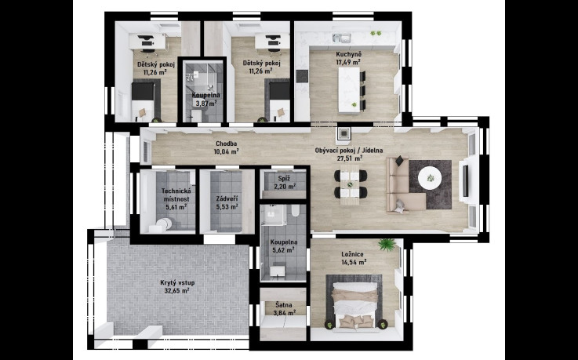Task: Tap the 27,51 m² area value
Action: (x=350, y=158)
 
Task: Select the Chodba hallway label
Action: (x=227, y=144)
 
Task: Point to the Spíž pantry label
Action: (x=283, y=179)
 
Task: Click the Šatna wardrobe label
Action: (x=284, y=305)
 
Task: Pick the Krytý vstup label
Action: (x=177, y=283)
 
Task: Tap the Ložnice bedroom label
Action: (x=352, y=254)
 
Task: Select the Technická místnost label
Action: (x=176, y=195)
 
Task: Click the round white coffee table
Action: (x=430, y=178)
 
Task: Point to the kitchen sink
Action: (x=342, y=37)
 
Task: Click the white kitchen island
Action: (x=349, y=90)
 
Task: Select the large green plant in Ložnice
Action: (x=387, y=245)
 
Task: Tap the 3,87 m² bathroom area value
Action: (x=206, y=104)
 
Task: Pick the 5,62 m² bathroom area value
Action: (x=283, y=250)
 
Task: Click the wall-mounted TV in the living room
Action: (x=466, y=181)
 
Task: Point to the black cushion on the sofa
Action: (x=400, y=161)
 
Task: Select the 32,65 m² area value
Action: (x=177, y=291)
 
